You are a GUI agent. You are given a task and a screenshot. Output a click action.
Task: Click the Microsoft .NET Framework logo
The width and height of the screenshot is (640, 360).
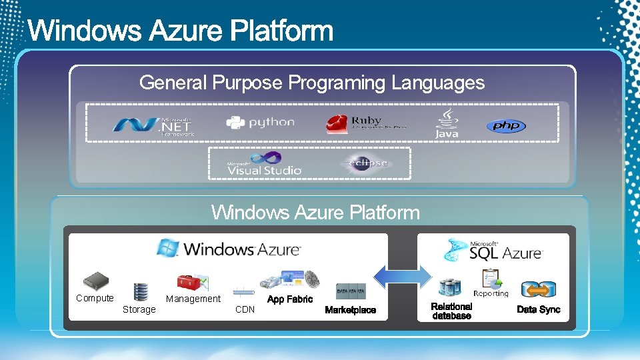click(154, 125)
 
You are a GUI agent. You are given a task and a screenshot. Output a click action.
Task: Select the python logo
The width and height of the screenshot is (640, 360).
click(260, 123)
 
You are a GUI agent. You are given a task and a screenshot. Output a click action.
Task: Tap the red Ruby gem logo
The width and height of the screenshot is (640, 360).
click(337, 123)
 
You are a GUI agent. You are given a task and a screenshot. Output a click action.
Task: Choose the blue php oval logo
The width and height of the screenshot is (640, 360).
click(505, 125)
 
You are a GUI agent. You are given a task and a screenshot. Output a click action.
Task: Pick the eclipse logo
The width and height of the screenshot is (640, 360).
click(366, 163)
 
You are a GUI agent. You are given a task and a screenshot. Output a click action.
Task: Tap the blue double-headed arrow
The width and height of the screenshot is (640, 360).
click(402, 276)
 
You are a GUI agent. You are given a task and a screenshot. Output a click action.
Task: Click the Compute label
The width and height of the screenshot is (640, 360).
click(95, 298)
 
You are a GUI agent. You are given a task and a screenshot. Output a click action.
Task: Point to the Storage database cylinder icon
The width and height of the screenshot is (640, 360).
click(140, 292)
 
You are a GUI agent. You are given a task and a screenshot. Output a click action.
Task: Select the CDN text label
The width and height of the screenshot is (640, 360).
click(245, 309)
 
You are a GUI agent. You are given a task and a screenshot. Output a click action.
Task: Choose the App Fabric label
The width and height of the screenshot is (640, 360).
click(289, 299)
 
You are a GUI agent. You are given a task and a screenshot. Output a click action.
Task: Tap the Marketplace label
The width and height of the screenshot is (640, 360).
click(350, 310)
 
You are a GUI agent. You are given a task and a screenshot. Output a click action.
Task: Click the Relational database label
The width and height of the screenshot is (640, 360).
click(451, 311)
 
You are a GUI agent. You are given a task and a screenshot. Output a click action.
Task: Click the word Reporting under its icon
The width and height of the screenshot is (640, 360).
click(491, 293)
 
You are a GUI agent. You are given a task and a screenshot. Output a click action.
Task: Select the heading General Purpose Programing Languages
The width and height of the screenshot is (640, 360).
click(312, 83)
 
